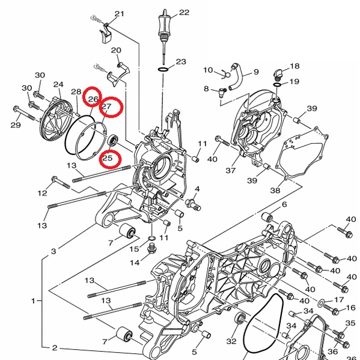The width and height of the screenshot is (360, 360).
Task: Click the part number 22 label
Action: tap(184, 12)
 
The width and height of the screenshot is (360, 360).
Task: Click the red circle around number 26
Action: tap(92, 97)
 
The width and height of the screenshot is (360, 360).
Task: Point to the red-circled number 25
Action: tap(110, 159)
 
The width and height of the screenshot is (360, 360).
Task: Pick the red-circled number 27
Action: tap(111, 107)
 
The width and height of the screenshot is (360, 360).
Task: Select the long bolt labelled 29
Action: tap(24, 113)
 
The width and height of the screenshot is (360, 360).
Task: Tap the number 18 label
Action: tap(295, 66)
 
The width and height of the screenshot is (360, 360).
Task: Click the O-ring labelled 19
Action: tap(277, 85)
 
